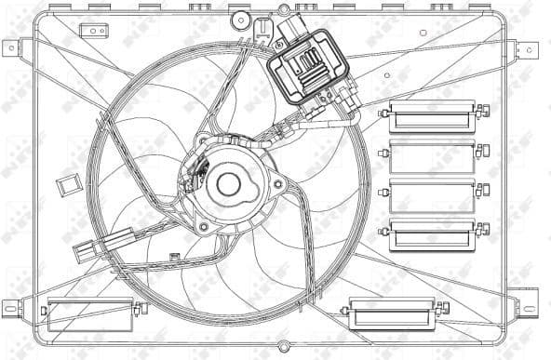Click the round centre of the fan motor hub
click(228, 184)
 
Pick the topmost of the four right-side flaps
click(431, 114)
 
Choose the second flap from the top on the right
click(431, 155)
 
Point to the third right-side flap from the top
click(431, 195)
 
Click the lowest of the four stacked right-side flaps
click(431, 234)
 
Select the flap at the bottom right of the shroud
click(391, 313)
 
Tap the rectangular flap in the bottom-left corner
click(89, 313)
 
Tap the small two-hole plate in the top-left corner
click(94, 32)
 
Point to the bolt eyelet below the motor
click(203, 226)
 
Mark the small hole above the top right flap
click(423, 33)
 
